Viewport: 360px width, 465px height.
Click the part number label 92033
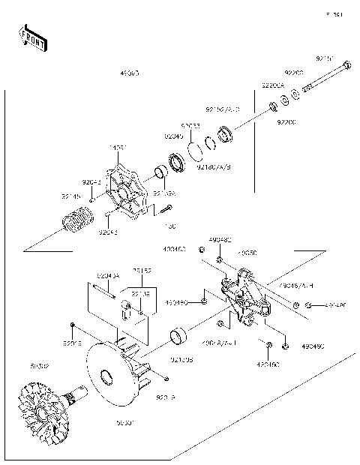(x=190, y=126)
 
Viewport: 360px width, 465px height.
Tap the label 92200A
(x=271, y=85)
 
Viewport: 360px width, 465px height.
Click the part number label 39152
(x=142, y=271)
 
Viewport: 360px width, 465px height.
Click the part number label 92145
(x=71, y=197)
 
